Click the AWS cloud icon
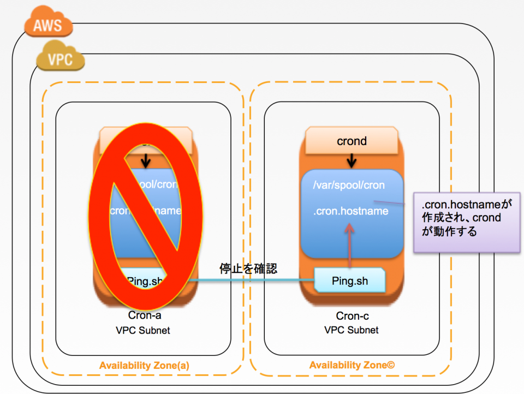click(48, 25)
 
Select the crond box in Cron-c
click(352, 141)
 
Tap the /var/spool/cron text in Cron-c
click(349, 185)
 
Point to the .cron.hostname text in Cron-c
click(351, 211)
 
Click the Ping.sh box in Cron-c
click(350, 281)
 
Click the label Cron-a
click(145, 315)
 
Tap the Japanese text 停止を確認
click(248, 268)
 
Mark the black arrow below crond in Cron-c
click(352, 160)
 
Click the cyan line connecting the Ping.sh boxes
click(251, 280)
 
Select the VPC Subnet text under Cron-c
click(352, 330)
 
